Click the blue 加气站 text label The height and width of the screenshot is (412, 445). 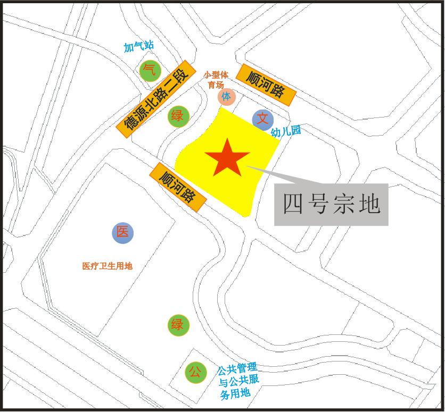(138, 47)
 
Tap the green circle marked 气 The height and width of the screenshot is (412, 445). (150, 71)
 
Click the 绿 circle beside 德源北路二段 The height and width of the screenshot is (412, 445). (178, 116)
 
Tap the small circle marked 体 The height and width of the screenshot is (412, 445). (227, 97)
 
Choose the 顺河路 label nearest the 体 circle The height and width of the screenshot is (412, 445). (266, 84)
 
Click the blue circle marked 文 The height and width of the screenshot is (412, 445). (263, 120)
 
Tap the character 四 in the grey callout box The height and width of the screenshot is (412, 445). (293, 204)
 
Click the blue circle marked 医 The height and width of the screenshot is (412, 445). (122, 232)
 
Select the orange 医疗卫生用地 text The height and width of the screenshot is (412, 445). (107, 266)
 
